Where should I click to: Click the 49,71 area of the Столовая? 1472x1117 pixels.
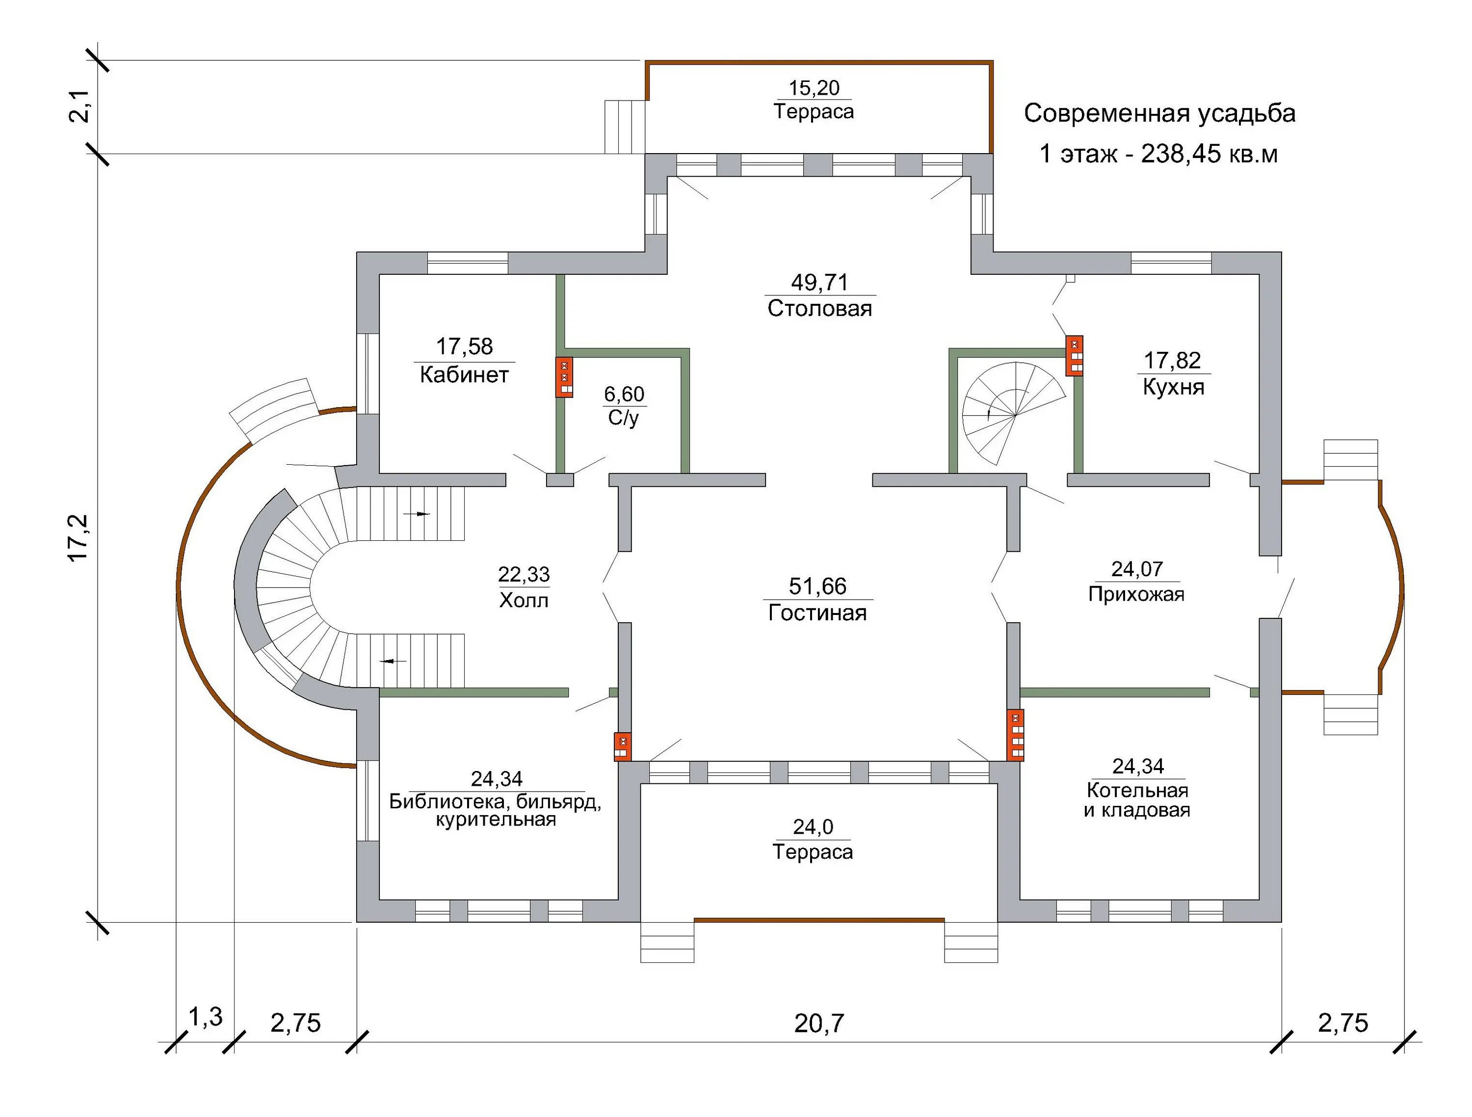click(819, 283)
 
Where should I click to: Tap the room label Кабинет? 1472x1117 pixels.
click(464, 375)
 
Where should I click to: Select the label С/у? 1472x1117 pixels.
click(624, 418)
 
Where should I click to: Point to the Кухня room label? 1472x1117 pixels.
click(1173, 387)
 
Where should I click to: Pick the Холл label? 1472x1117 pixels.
click(524, 600)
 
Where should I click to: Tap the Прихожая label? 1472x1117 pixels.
click(1136, 594)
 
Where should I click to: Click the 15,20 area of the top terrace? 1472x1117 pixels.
click(814, 88)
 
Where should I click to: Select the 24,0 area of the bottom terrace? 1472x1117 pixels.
click(813, 827)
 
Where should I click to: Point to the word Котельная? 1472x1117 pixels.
click(1137, 791)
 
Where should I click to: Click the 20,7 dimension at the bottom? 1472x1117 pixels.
click(818, 1023)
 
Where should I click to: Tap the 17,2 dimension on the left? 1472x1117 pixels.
click(79, 537)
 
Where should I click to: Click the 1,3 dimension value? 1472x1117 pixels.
click(205, 1017)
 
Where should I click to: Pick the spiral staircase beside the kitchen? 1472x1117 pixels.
click(1012, 413)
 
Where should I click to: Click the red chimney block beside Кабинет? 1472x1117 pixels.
click(564, 377)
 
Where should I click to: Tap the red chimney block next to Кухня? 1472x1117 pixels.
click(1074, 355)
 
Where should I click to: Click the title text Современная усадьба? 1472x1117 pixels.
click(1159, 113)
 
